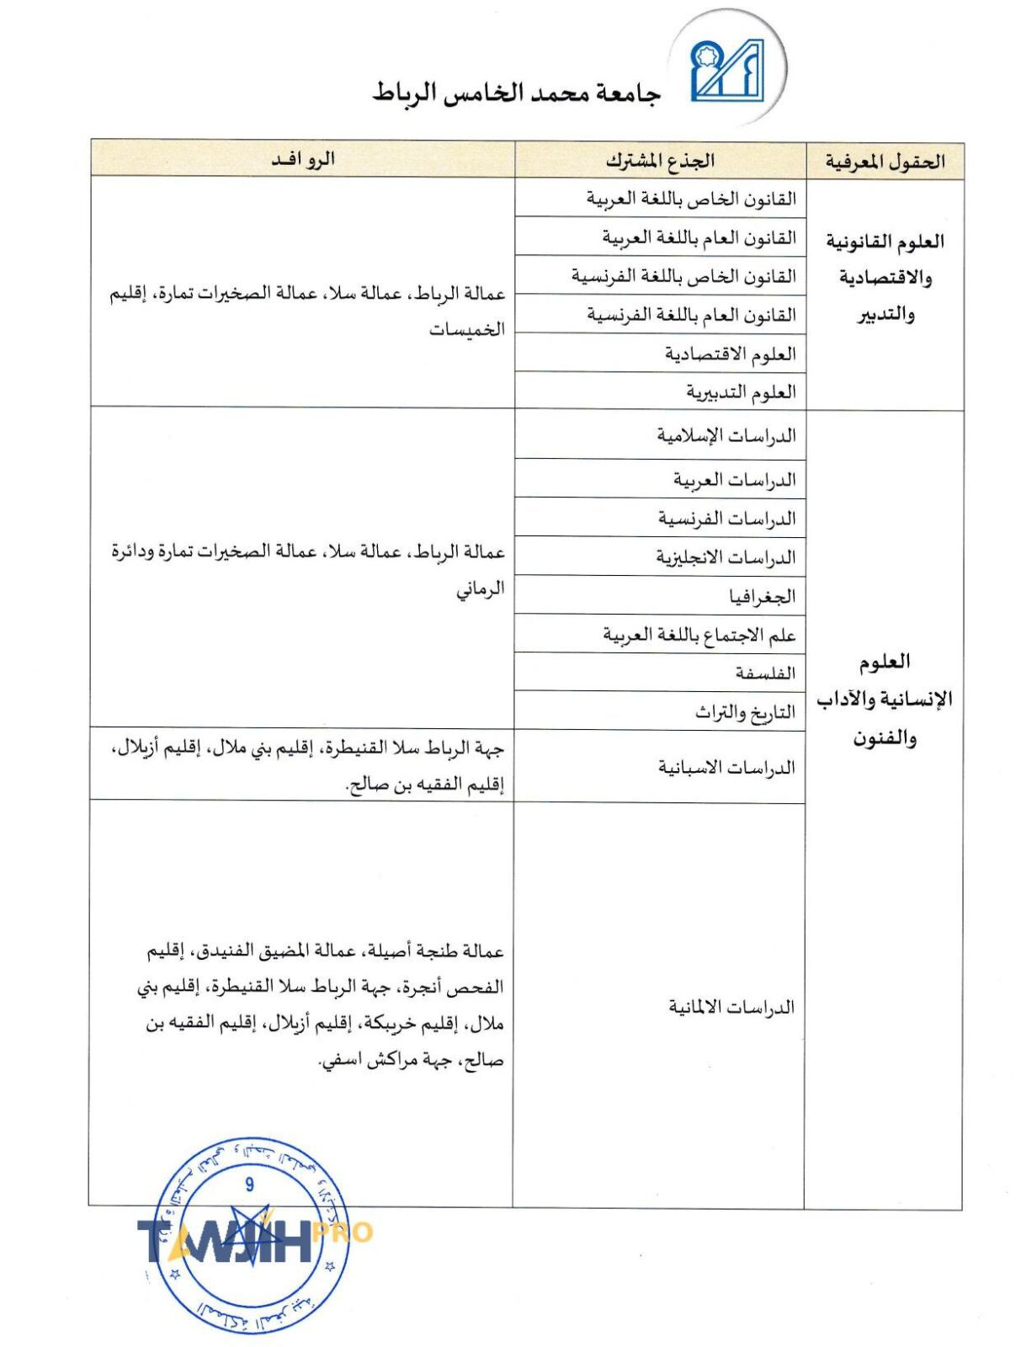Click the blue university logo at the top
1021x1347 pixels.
(726, 71)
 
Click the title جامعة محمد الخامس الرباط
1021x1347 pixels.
(517, 93)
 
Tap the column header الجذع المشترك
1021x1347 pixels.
(660, 160)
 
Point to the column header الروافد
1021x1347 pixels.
(303, 159)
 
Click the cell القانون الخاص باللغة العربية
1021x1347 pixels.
(691, 199)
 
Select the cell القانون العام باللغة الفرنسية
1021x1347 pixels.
(691, 315)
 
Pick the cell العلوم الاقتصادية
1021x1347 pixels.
(730, 354)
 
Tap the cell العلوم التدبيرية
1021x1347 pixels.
(741, 391)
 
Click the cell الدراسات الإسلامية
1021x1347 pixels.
(726, 435)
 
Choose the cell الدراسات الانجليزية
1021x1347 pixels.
(726, 557)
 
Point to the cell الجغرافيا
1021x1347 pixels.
(762, 596)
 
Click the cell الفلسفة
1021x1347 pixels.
(764, 673)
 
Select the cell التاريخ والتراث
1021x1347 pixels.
(745, 712)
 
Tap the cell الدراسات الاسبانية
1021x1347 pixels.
(726, 767)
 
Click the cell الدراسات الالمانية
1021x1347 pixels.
(731, 1007)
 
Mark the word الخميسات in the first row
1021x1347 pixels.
(467, 329)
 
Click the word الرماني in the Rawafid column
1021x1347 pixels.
(481, 588)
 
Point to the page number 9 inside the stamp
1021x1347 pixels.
(249, 1185)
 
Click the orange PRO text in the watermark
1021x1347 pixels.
(343, 1233)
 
